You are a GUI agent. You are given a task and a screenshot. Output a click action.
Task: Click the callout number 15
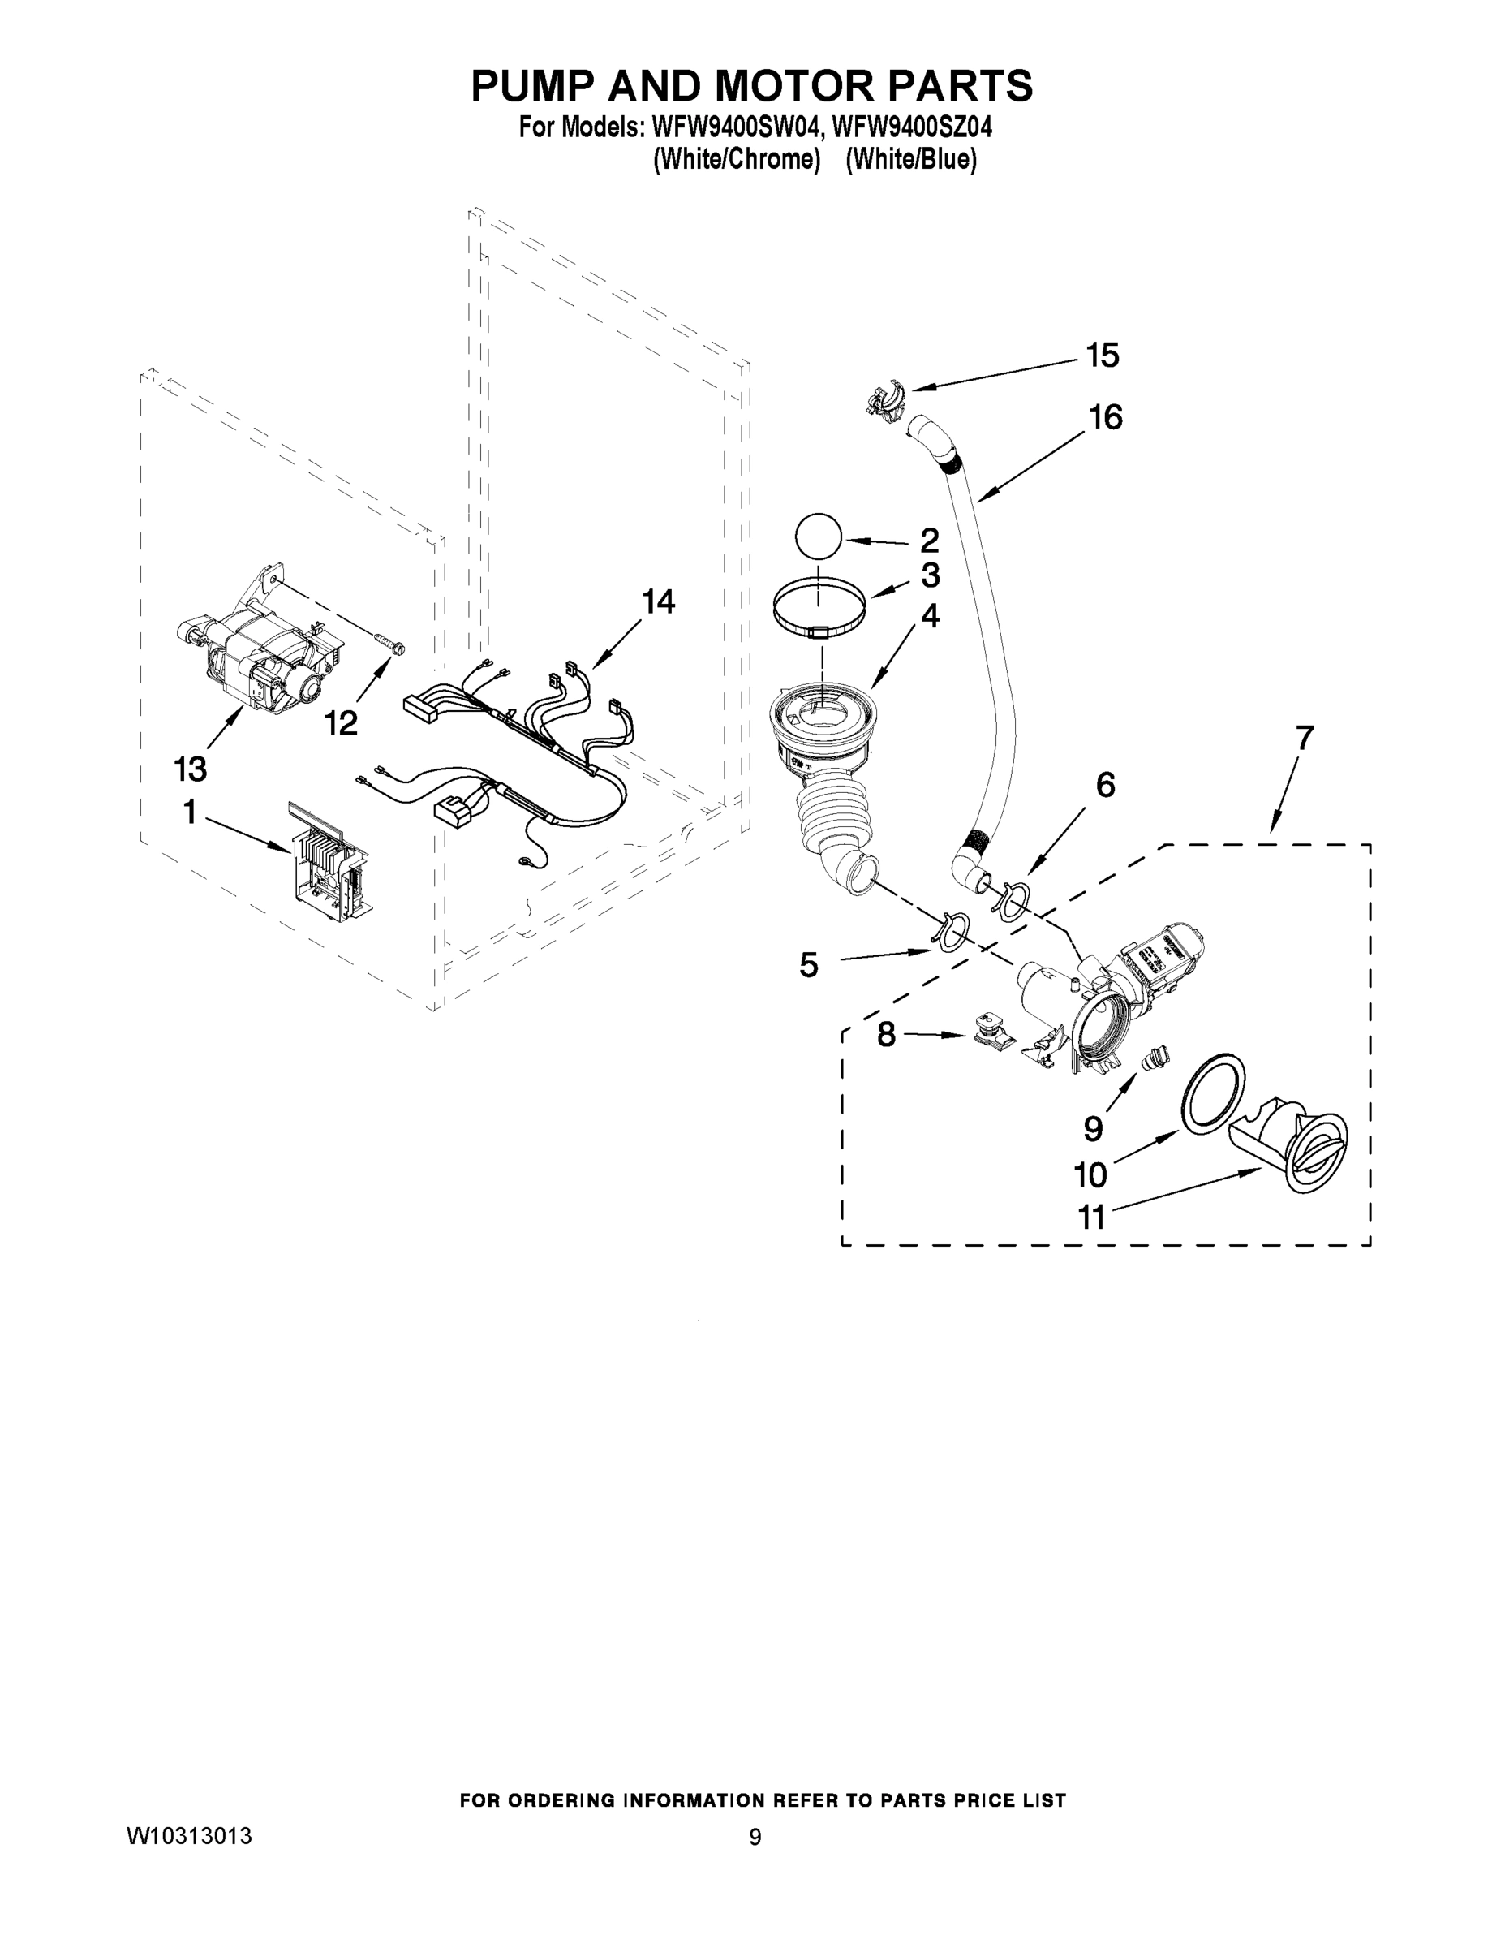[x=1102, y=355]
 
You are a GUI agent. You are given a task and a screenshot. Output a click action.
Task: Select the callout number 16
[x=1106, y=416]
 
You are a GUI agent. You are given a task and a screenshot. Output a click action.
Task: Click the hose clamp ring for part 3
[x=819, y=607]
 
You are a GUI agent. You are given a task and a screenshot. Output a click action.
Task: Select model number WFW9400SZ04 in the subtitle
[x=911, y=128]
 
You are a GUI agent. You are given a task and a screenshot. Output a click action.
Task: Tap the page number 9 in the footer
[x=755, y=1837]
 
